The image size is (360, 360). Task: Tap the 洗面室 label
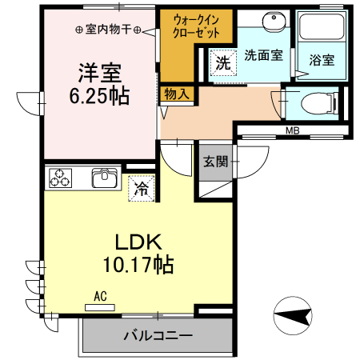click(x=262, y=55)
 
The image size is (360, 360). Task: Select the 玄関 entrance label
click(x=215, y=161)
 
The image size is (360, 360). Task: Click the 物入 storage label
click(x=177, y=94)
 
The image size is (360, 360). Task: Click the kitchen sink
click(x=106, y=178)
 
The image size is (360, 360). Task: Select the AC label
click(x=100, y=295)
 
